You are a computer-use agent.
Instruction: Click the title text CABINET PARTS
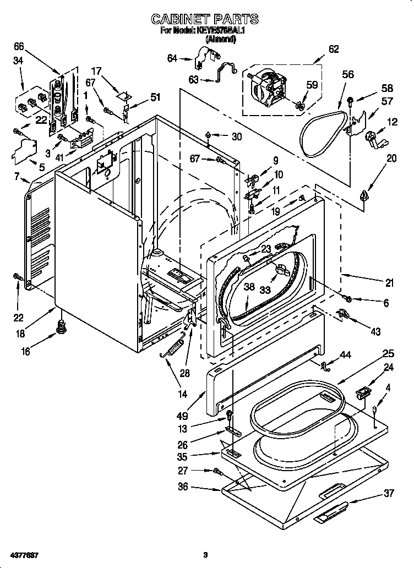point(205,19)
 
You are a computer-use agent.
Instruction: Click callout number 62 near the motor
point(334,49)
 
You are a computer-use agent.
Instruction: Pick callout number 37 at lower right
point(389,493)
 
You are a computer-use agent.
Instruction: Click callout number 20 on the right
point(391,158)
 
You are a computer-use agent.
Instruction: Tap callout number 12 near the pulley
point(391,122)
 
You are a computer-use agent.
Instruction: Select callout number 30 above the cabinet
point(236,136)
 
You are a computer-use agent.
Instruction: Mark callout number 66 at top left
point(19,46)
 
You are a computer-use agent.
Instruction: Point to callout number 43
point(375,332)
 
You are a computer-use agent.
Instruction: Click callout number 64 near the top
point(172,58)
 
